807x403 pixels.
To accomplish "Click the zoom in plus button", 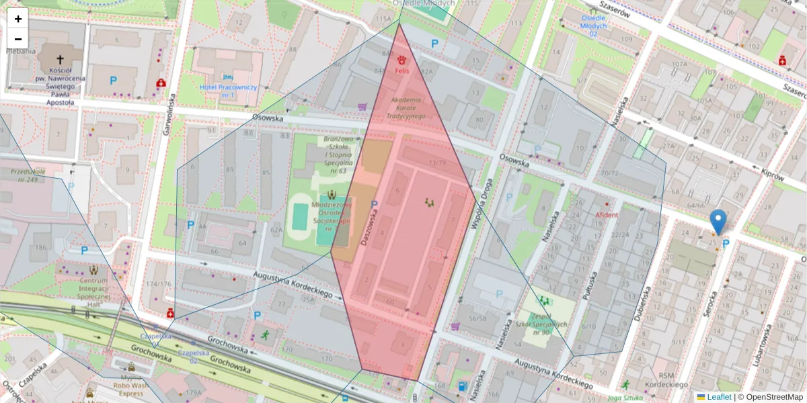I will click(x=18, y=19).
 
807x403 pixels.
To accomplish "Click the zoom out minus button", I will click(x=18, y=38).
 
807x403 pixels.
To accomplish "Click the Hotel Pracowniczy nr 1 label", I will click(x=229, y=91).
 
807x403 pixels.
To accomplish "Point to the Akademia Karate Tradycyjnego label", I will click(x=406, y=108).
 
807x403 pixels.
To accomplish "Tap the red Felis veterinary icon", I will click(x=402, y=60).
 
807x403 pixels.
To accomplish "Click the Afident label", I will click(x=607, y=215).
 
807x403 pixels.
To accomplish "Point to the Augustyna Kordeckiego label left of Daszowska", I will click(x=293, y=285).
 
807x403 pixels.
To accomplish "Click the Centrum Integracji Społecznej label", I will click(x=93, y=292).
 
